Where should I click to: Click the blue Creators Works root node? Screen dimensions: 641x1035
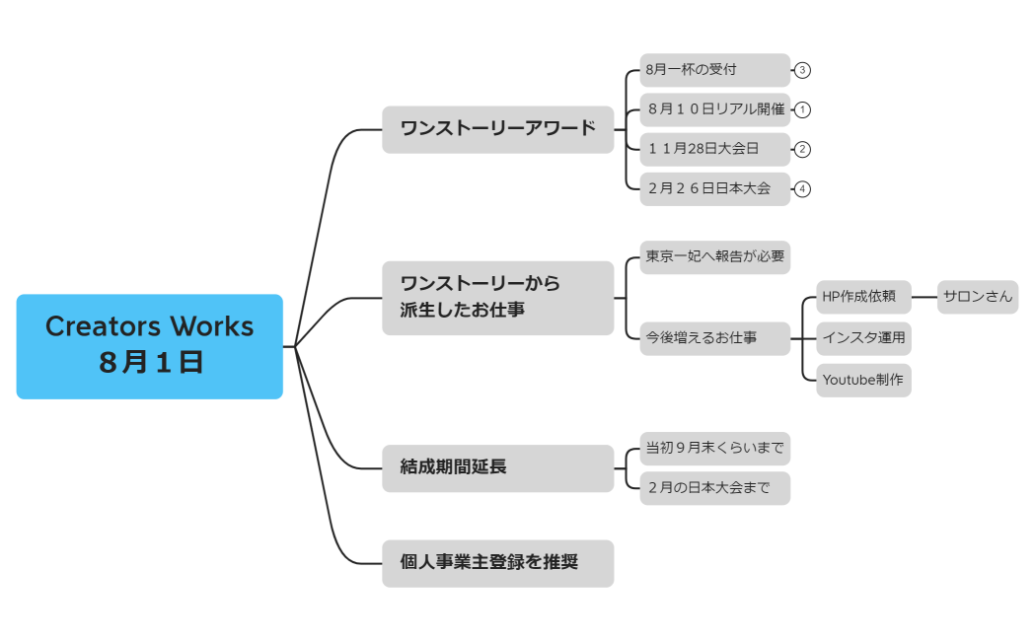tap(149, 346)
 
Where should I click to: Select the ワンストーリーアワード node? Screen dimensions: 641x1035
tap(497, 129)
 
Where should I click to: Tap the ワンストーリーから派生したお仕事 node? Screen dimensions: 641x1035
tap(497, 298)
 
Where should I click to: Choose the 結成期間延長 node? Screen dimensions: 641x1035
tap(497, 467)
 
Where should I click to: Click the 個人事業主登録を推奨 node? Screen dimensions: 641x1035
tap(497, 563)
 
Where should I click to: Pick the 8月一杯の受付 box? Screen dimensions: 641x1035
tap(714, 70)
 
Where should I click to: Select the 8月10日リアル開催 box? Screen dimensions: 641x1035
tap(714, 109)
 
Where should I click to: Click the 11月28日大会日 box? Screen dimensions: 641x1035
tap(714, 149)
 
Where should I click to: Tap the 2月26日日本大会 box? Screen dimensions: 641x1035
tap(714, 188)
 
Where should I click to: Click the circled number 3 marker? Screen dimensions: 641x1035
tap(802, 70)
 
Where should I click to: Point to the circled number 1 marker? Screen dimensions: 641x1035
tap(802, 109)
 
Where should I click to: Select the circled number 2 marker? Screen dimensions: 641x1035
tap(802, 149)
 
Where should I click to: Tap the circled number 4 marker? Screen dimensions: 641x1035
tap(802, 188)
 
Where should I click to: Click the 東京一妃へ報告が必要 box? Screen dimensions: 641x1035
tap(714, 256)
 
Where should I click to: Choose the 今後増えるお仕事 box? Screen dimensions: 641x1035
tap(714, 338)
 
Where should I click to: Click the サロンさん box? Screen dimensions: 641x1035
tap(977, 297)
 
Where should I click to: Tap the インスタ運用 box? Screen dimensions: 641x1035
tap(863, 338)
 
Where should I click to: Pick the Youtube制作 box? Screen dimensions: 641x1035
tap(863, 380)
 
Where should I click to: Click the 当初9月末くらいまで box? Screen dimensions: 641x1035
tap(714, 449)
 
